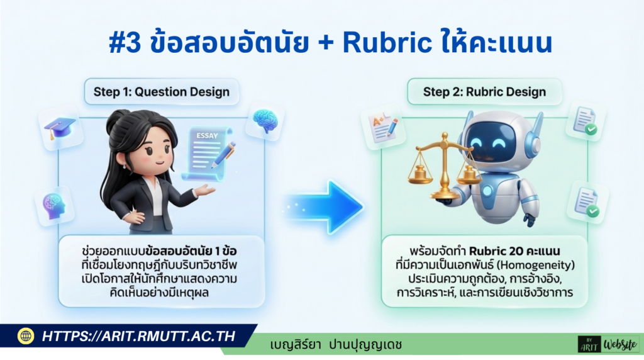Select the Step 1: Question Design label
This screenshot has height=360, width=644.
coord(162,93)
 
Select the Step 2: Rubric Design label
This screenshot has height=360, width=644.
coord(484,93)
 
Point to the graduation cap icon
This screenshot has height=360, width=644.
coord(60,129)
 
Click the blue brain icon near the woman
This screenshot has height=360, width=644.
coord(265,120)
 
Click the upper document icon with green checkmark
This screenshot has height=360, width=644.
coord(586,120)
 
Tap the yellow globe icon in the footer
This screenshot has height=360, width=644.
coord(26,336)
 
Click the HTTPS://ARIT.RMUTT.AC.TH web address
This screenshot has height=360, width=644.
coord(138,336)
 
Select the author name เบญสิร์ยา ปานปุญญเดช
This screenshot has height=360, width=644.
coord(336,345)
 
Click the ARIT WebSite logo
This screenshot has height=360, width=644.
coord(608,344)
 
